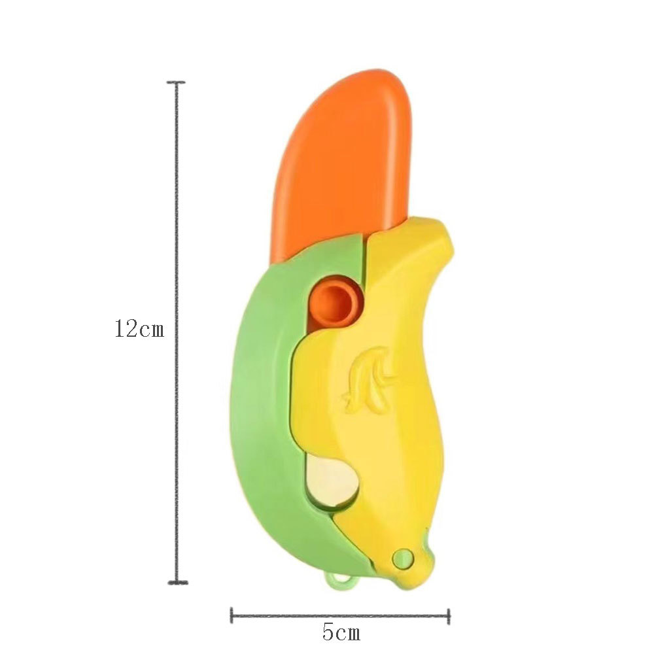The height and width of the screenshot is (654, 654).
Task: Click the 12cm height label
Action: pos(139,328)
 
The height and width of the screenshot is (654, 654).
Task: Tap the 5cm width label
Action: pos(341,632)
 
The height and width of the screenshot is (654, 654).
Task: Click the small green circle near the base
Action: pos(404,558)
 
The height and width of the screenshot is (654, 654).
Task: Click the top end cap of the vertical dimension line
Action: pos(177,82)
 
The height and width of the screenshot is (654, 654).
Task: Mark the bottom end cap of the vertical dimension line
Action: pos(178,582)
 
